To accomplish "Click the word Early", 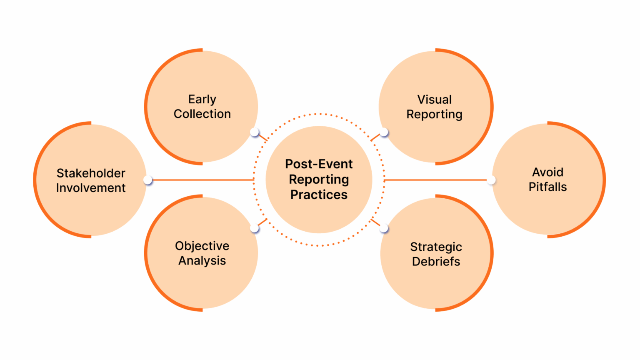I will pos(202,100).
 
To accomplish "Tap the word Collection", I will pos(202,114).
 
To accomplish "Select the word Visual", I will pos(435,100).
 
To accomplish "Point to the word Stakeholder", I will pos(91,173).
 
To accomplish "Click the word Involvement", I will pos(91,188).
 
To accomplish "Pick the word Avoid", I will pos(547,172).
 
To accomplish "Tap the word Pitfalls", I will pos(547,187).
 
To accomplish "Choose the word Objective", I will pos(202,246).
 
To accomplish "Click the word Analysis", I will pos(202,261).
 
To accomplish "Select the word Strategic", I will pos(436,247).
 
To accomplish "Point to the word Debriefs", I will pos(436,262).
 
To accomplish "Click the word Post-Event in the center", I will pos(319,164).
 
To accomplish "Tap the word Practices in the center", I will pos(319,195).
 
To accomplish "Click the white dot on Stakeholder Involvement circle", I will pos(148,180).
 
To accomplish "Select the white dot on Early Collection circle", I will pos(255,132).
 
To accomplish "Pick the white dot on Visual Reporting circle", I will pos(384,132).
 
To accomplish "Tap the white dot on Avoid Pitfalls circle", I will pos(492,180).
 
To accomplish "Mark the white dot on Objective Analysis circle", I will pos(254,228).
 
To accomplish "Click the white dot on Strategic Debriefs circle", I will pos(384,228).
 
